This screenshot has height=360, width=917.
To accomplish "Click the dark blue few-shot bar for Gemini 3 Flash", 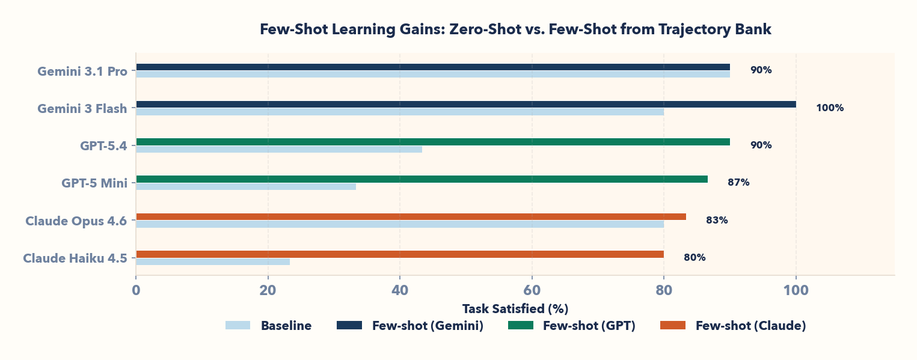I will (x=466, y=104).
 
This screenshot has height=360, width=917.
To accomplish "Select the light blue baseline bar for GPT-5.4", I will (x=279, y=149).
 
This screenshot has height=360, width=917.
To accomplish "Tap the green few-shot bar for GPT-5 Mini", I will (x=422, y=179).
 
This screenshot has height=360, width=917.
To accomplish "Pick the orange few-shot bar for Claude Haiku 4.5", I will (x=400, y=254).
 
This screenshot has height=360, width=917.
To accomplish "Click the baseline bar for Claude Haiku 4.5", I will (x=213, y=261).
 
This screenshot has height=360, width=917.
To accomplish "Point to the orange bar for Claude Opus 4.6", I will (x=411, y=216).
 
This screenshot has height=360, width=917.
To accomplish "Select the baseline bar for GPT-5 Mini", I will (x=246, y=186).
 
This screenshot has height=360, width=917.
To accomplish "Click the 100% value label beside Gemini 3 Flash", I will (x=830, y=108).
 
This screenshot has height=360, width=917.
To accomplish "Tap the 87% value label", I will (x=738, y=183).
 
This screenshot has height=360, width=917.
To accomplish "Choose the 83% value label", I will (x=717, y=221).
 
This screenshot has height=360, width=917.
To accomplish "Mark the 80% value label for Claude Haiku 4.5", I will (x=695, y=258).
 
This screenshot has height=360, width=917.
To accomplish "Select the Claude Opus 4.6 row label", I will (x=76, y=221).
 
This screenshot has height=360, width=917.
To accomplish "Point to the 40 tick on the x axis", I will (x=400, y=290).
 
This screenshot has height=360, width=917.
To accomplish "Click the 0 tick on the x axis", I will (x=136, y=290).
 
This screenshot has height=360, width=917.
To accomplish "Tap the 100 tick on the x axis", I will (x=796, y=290).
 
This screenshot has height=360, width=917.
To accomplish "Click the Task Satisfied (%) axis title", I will (x=515, y=309).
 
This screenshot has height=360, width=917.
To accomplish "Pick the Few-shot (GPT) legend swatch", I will (x=521, y=326).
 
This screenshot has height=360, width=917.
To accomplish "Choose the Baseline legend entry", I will (x=269, y=326).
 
